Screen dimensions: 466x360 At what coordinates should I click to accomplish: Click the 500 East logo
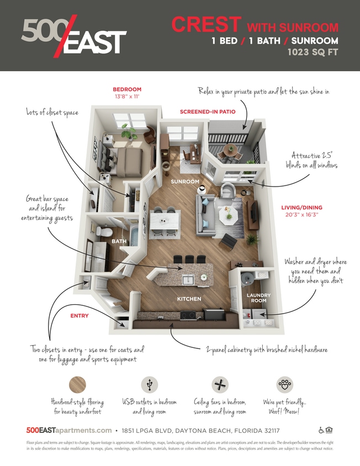click(x=74, y=36)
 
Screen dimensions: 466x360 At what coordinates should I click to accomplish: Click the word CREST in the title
click(x=206, y=24)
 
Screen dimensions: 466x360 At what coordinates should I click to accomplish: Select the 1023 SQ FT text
click(x=313, y=54)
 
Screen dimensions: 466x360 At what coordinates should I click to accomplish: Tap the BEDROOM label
click(x=127, y=89)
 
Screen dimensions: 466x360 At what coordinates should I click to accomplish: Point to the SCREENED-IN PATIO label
click(x=208, y=112)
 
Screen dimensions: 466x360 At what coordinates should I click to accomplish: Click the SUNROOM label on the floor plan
click(x=184, y=181)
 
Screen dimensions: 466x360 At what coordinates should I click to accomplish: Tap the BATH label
click(x=119, y=241)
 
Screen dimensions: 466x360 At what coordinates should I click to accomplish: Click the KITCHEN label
click(x=188, y=299)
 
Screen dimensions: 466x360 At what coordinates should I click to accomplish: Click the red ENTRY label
click(x=79, y=316)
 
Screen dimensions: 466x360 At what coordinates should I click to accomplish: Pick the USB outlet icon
click(x=149, y=384)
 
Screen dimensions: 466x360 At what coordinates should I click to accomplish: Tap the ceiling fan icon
click(x=220, y=384)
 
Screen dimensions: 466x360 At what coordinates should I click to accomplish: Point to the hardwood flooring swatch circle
click(x=78, y=385)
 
